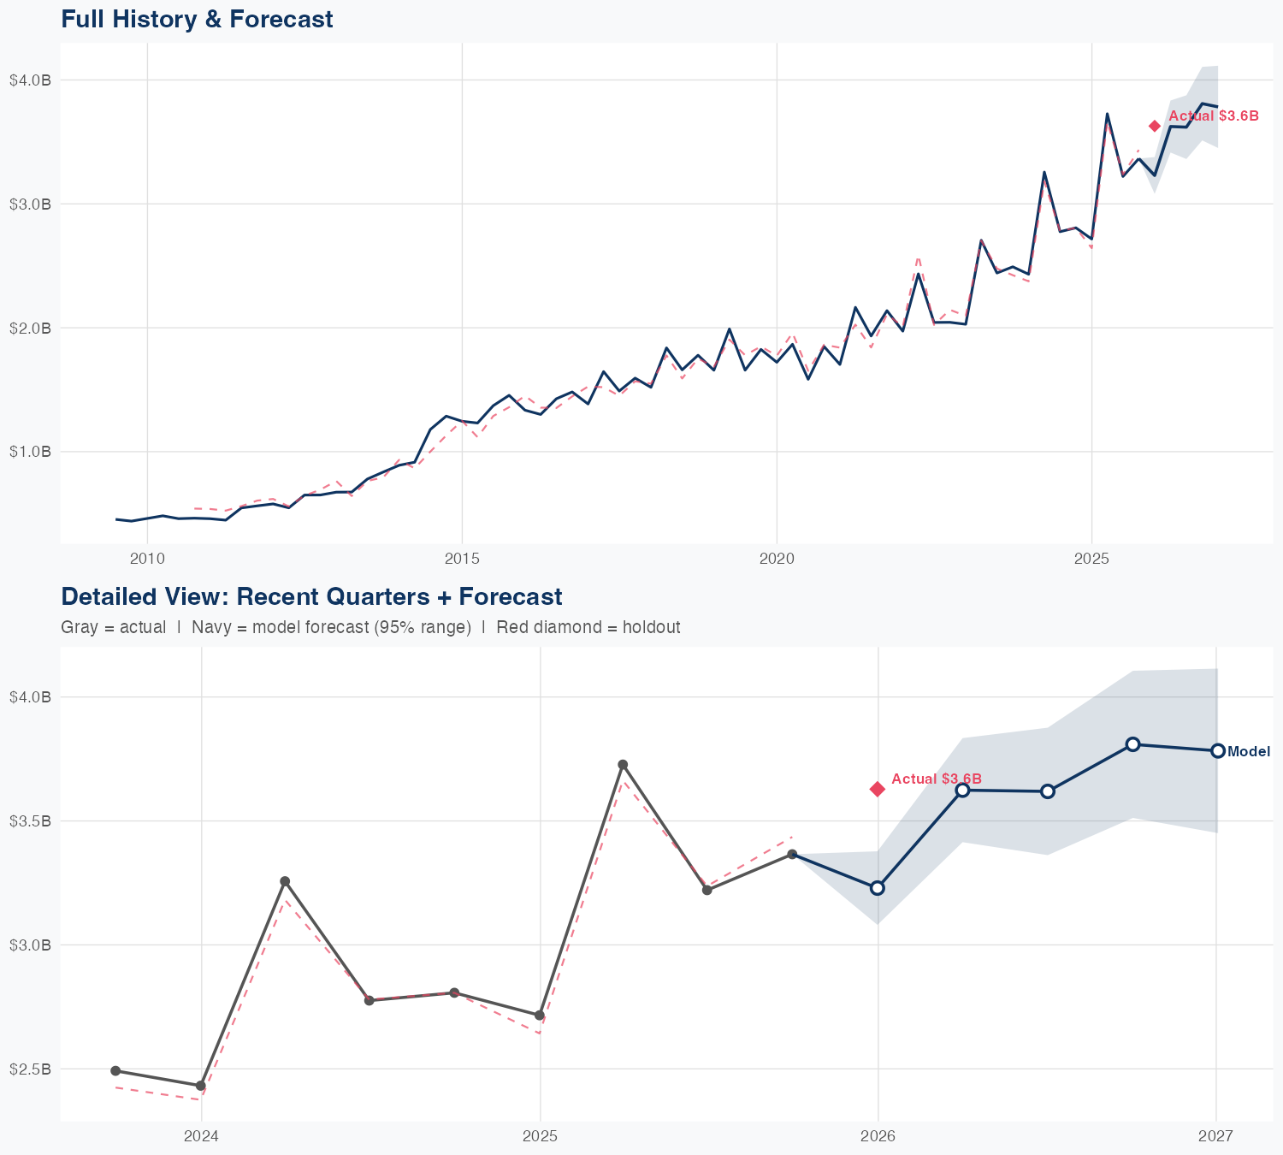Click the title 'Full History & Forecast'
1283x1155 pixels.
click(197, 19)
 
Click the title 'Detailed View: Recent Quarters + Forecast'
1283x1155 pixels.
click(311, 596)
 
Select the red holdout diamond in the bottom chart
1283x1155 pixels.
click(878, 789)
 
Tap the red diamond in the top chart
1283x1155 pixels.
click(1155, 126)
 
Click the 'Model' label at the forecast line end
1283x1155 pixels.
click(1249, 752)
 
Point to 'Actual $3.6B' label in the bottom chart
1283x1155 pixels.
click(937, 779)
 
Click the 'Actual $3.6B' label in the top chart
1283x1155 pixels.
click(1214, 116)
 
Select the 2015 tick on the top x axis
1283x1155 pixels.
click(462, 560)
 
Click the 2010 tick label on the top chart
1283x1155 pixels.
click(147, 560)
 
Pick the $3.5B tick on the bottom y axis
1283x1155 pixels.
click(31, 820)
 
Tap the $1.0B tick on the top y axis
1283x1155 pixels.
click(31, 451)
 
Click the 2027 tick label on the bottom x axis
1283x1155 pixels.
click(1215, 1136)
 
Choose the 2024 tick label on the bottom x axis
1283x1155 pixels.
click(202, 1136)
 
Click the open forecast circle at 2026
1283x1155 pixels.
click(878, 888)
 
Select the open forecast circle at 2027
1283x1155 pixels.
click(1218, 750)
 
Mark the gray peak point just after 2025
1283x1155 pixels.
click(623, 765)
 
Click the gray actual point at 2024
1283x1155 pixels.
click(201, 1086)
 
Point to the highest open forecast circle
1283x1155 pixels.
click(1132, 744)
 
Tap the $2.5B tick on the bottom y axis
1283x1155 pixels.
click(31, 1069)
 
